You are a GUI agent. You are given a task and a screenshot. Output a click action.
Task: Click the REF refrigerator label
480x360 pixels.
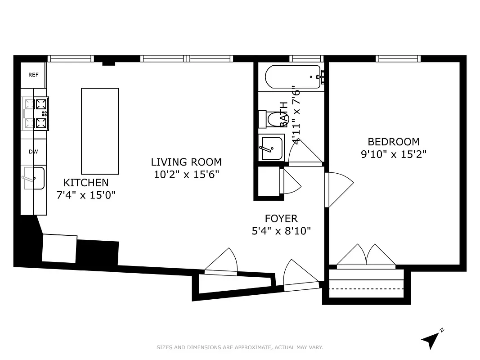33,75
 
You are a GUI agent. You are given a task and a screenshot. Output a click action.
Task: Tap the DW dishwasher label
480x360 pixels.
33,152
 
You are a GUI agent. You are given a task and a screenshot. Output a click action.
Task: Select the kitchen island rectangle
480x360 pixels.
100,131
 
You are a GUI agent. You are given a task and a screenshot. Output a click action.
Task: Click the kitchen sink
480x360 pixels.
34,179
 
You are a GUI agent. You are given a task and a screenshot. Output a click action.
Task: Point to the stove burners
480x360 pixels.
36,114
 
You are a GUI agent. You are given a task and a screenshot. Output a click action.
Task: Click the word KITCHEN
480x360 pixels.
86,183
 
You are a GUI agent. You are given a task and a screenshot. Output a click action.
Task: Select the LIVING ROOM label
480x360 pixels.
186,162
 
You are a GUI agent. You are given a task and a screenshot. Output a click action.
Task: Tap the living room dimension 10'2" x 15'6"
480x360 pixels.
186,175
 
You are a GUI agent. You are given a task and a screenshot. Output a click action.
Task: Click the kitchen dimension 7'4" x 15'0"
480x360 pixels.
86,195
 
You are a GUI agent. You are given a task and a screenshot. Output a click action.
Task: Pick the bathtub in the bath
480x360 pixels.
293,77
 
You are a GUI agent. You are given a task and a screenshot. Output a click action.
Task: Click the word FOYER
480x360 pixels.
281,219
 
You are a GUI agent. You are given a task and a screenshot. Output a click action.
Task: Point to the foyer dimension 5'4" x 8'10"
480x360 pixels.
281,231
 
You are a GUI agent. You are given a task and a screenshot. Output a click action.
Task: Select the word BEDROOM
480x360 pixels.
394,142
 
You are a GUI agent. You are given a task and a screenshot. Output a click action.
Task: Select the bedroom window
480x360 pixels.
398,58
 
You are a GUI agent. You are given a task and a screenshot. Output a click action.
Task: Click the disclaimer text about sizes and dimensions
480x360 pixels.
240,347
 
